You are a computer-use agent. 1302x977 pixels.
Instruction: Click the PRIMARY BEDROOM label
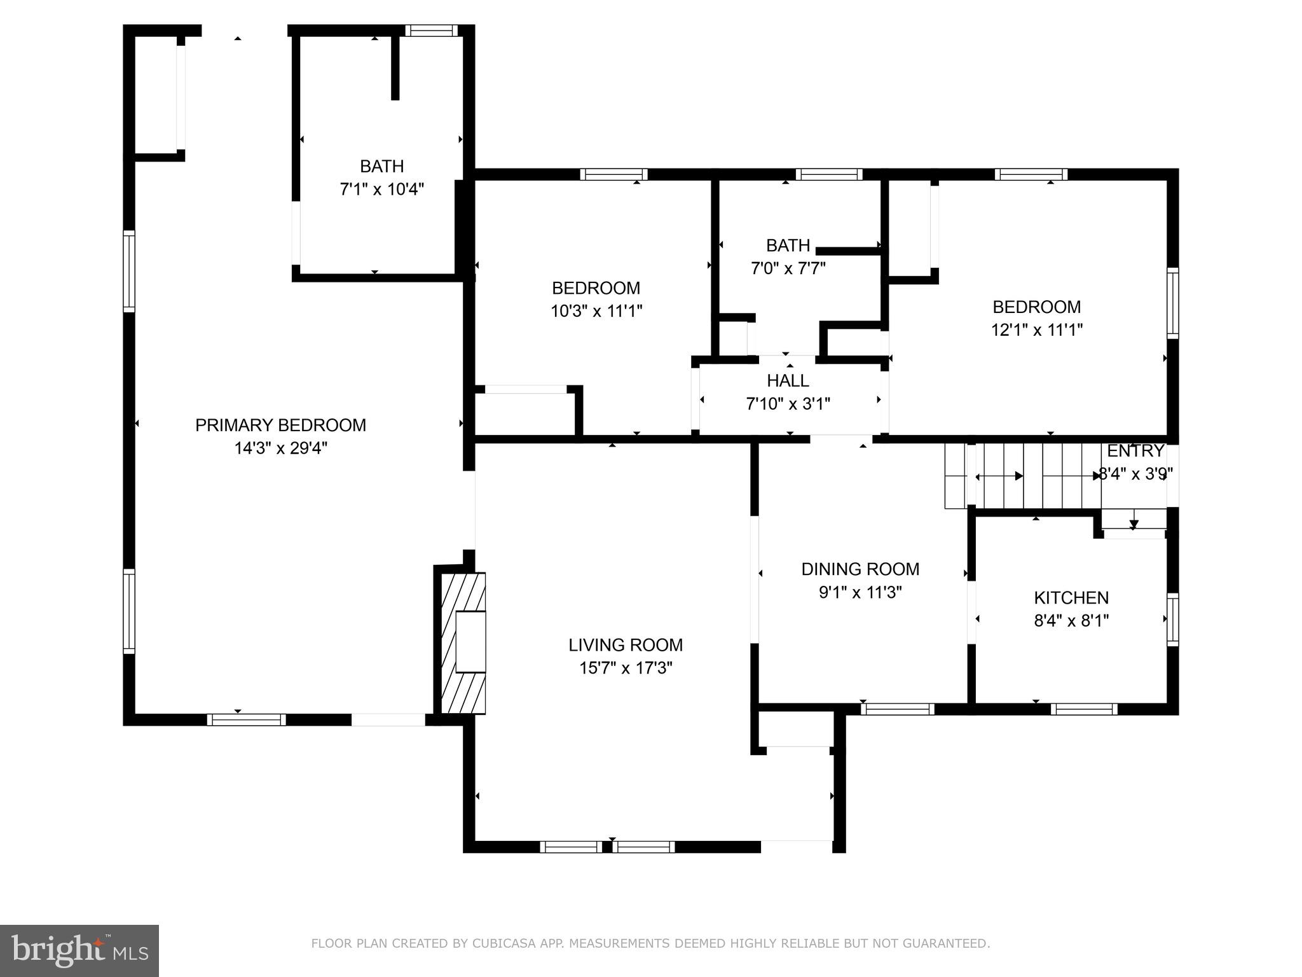click(280, 425)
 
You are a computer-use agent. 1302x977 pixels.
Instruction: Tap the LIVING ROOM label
click(626, 645)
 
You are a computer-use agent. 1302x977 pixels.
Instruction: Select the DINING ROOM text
click(860, 569)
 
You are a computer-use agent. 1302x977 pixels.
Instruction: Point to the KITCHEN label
click(1071, 597)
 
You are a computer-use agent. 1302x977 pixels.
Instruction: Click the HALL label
click(788, 380)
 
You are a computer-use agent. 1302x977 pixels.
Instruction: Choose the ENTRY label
click(1135, 451)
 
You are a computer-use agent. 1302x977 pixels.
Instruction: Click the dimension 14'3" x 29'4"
click(280, 448)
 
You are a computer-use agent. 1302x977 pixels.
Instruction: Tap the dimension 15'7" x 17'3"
click(626, 669)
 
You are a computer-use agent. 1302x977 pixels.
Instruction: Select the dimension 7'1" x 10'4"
click(381, 190)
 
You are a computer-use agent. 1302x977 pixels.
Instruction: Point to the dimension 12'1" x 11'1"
click(1036, 330)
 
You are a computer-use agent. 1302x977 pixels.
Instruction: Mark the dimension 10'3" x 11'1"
click(596, 311)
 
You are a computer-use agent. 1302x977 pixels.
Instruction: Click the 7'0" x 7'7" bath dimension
click(788, 268)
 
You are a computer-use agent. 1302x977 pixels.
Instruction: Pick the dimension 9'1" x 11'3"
click(860, 592)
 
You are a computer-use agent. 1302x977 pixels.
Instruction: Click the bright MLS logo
click(79, 951)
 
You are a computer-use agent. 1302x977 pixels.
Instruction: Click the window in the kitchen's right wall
click(1172, 620)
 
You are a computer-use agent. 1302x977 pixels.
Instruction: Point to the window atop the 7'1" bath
click(432, 31)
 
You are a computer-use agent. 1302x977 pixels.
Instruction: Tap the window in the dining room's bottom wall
click(897, 709)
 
